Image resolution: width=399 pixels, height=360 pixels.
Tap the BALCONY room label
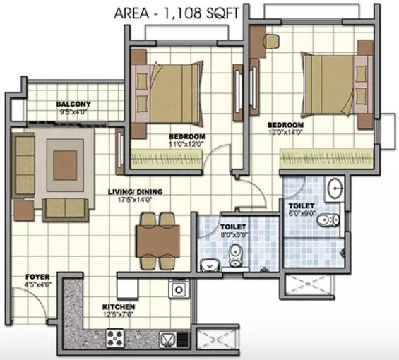pos(73,103)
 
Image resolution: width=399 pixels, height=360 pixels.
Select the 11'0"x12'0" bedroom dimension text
pos(186,144)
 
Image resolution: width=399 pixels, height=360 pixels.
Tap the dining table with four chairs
pos(159,240)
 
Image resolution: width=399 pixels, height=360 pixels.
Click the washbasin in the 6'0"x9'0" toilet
pos(334,188)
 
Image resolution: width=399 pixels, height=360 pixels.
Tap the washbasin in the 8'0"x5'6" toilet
pos(209,265)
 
